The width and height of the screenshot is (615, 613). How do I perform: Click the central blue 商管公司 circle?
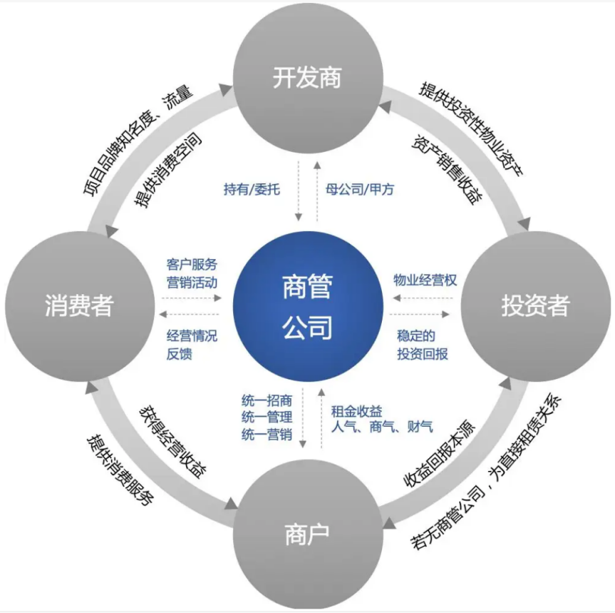click(x=307, y=308)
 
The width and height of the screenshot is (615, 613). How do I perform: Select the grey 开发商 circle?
click(x=307, y=77)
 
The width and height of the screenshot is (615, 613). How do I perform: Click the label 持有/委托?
click(x=252, y=190)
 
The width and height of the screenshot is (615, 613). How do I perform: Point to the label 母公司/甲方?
click(x=360, y=190)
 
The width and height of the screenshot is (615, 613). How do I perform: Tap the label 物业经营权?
click(x=425, y=280)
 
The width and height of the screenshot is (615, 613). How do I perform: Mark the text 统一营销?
click(x=267, y=434)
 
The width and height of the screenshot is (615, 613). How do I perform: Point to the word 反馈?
click(x=179, y=353)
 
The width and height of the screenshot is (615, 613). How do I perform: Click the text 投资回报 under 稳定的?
click(x=423, y=353)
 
